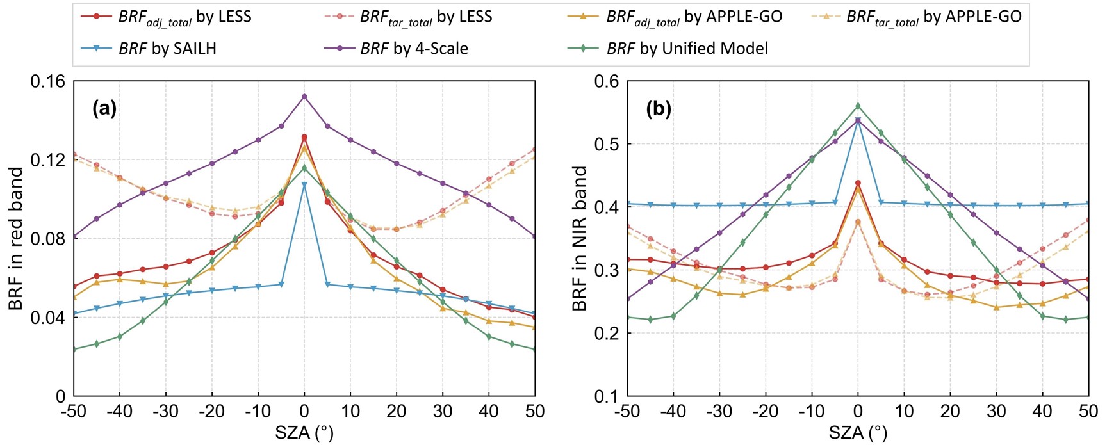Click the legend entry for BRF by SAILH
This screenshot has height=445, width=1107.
[x=167, y=48]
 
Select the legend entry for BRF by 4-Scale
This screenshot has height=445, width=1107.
[x=413, y=48]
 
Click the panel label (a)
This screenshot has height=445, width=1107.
[x=104, y=108]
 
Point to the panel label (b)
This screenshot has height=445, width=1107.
[x=659, y=108]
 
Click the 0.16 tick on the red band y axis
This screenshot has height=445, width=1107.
[x=48, y=81]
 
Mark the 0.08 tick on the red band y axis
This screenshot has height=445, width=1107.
[x=48, y=239]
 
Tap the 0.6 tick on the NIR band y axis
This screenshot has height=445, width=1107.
[x=607, y=81]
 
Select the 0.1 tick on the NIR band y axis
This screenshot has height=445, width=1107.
[x=607, y=396]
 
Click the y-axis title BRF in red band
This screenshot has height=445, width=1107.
[x=15, y=239]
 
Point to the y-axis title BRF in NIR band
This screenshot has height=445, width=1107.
[x=580, y=239]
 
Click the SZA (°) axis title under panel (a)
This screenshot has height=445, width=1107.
[x=304, y=433]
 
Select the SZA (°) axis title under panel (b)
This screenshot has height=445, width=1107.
[x=858, y=433]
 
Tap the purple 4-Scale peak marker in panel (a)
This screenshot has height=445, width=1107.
[x=304, y=97]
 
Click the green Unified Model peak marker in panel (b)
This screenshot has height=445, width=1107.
[x=858, y=106]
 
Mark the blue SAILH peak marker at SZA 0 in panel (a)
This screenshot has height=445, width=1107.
[x=304, y=185]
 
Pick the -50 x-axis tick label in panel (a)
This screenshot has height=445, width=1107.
[x=73, y=411]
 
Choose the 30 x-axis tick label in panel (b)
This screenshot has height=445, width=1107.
[x=996, y=411]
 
